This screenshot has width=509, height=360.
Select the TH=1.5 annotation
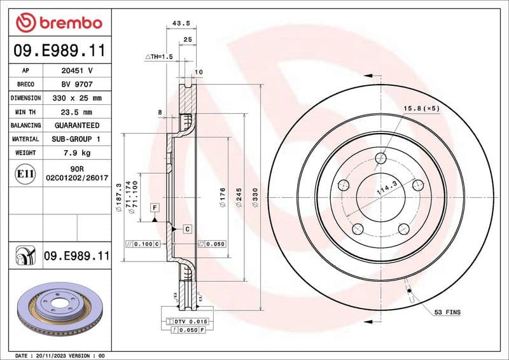[x=159, y=57]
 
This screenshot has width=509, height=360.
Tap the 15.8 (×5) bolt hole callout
[x=421, y=108]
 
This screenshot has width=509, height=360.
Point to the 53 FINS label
[x=447, y=312]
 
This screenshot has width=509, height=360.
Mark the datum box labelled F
[x=154, y=207]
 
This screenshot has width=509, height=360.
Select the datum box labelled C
[x=188, y=228]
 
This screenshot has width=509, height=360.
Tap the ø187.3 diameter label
[x=119, y=194]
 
